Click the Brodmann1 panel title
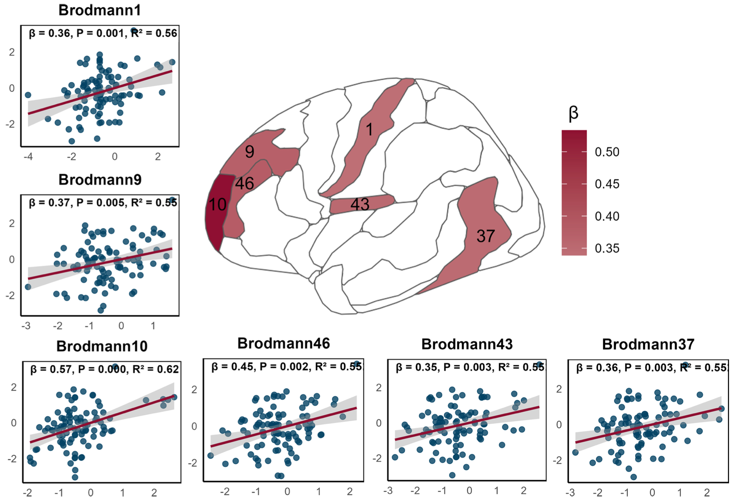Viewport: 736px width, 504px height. point(100,10)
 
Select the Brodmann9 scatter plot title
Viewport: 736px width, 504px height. point(100,180)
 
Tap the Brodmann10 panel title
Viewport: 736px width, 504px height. point(102,346)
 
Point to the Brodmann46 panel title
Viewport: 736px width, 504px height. point(283,343)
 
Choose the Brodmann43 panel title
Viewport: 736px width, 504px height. point(467,344)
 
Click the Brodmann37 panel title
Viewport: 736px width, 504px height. point(648,344)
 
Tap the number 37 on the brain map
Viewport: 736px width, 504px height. point(485,236)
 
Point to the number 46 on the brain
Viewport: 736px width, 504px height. point(244,183)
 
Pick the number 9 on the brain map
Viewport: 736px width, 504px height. point(249,152)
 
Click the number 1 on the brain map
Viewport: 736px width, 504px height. point(370,129)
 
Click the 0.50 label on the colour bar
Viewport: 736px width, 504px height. point(607,152)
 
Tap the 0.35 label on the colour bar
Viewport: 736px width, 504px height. point(607,249)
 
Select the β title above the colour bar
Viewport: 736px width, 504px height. point(573,113)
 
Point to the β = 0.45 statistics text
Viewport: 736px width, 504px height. point(231,367)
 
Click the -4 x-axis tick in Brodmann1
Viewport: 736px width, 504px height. point(28,157)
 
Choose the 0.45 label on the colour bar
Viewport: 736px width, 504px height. point(607,184)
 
